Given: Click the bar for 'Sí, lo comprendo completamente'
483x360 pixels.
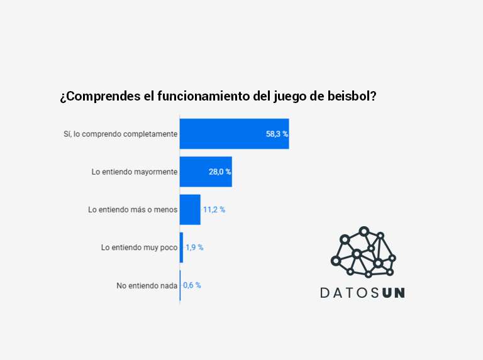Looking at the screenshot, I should tap(234, 134).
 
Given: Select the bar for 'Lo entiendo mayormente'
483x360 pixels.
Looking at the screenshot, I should tap(206, 172).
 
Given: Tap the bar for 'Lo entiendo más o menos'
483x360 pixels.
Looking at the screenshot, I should tap(190, 209).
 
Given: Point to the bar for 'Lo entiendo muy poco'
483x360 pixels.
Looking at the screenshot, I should tap(181, 247).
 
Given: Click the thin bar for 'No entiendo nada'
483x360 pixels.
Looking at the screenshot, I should tap(180, 285).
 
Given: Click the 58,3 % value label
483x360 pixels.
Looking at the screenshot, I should tap(277, 134).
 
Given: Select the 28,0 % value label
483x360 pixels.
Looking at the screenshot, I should tap(220, 172).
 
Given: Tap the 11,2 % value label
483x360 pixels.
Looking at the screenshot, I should tap(214, 210).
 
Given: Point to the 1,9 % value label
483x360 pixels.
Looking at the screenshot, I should tap(194, 248).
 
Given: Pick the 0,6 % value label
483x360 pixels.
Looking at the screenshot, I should tap(192, 285).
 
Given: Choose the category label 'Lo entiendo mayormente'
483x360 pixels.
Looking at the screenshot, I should tap(135, 172).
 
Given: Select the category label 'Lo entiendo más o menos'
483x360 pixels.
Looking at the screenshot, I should tap(133, 210).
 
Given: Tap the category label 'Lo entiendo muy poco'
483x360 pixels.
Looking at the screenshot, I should tap(139, 248).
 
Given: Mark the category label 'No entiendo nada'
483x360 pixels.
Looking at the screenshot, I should tap(147, 285).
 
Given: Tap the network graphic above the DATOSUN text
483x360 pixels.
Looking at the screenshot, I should tap(363, 252).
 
